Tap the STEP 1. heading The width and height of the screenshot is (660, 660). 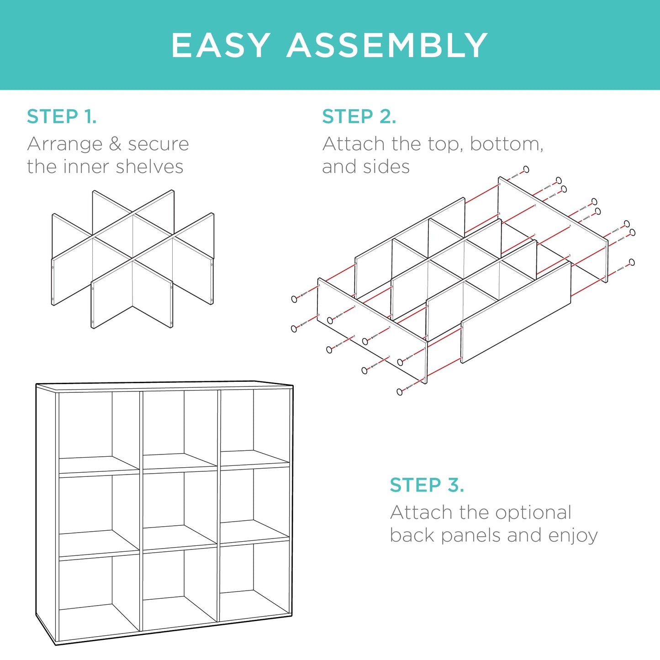tap(62, 116)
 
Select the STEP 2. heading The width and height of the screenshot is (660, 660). tap(359, 116)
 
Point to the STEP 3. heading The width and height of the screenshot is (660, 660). tap(427, 485)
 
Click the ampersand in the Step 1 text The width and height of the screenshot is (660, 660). tap(115, 144)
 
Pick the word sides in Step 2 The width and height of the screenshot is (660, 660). tap(386, 167)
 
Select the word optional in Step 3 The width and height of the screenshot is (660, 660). tap(533, 512)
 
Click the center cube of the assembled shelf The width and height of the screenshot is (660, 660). tap(180, 507)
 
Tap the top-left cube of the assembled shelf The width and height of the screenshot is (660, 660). tap(99, 429)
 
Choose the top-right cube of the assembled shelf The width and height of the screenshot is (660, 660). tap(254, 425)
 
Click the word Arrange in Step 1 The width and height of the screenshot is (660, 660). tap(64, 144)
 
